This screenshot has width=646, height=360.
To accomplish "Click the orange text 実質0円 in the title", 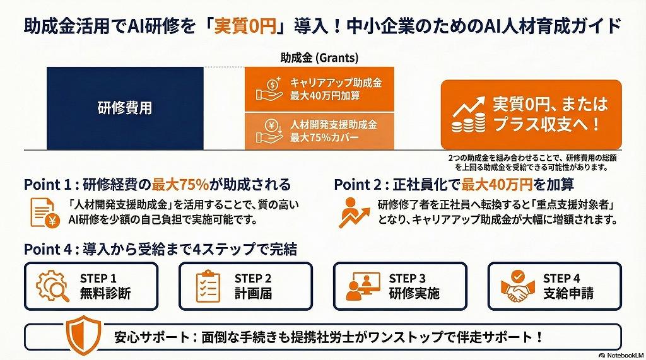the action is click(245, 26).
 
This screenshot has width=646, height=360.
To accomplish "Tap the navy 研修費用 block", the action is click(125, 108).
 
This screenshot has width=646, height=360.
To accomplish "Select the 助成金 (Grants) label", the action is click(319, 57).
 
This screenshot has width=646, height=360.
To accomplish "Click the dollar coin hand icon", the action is click(269, 89).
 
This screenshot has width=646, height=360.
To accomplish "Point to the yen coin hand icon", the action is click(269, 131).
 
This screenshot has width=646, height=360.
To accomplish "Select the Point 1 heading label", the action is click(48, 185).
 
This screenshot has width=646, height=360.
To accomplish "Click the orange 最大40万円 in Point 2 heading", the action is click(497, 185).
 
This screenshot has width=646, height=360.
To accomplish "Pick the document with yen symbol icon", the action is click(45, 212).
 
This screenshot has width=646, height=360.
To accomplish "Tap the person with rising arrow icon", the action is click(354, 212).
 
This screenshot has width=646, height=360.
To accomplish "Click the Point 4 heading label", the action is click(48, 249).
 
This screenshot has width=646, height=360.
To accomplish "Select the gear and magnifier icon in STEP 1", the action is click(52, 286).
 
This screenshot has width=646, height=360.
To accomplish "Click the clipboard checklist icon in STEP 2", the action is click(208, 286).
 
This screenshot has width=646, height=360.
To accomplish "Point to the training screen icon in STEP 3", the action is click(363, 286).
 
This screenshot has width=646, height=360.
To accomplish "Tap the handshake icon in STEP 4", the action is click(517, 286).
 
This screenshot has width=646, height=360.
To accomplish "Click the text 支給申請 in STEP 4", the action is click(568, 293).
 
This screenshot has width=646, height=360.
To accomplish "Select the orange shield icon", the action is click(83, 335).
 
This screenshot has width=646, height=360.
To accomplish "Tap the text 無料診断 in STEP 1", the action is click(105, 293).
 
